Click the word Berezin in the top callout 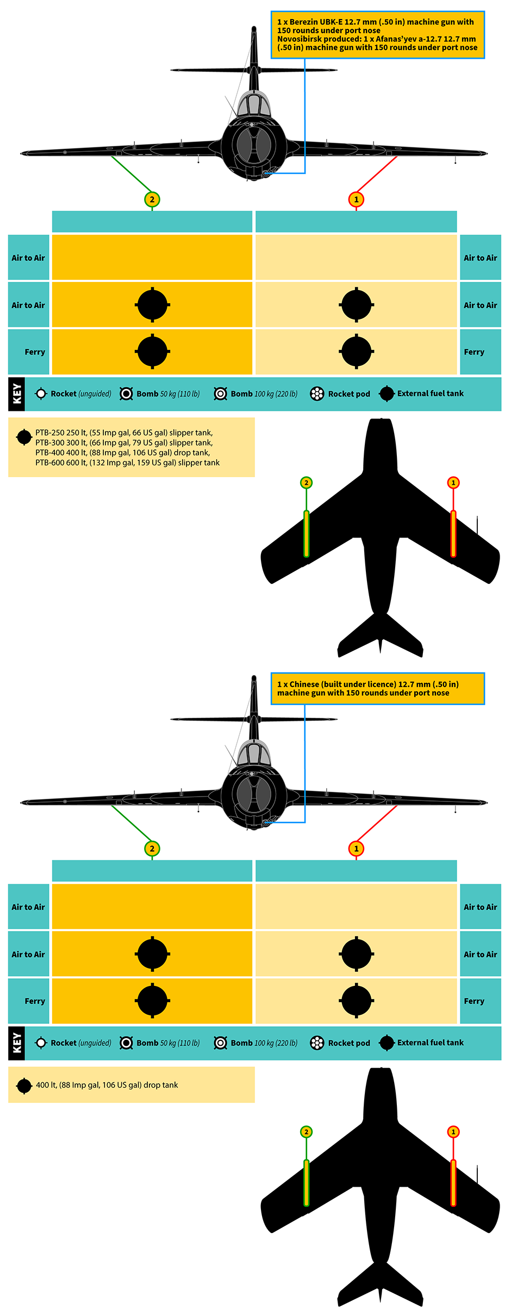(x=304, y=22)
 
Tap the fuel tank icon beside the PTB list (x=24, y=437)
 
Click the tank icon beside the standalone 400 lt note (x=24, y=1085)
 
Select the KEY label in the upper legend (x=17, y=394)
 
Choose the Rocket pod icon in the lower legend (x=317, y=1042)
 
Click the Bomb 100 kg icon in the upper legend (x=220, y=393)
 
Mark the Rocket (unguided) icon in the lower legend (x=41, y=1042)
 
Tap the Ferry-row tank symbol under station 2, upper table (x=152, y=351)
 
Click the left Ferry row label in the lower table (x=35, y=1001)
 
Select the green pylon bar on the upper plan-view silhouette (x=306, y=534)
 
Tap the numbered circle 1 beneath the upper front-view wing (x=356, y=200)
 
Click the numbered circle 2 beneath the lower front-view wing (x=152, y=849)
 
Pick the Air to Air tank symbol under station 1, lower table (x=356, y=954)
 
